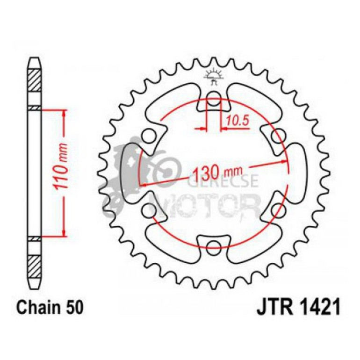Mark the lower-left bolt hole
[x=150, y=209]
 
